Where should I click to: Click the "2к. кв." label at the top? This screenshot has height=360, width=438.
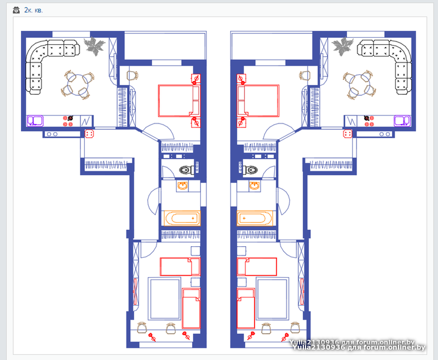pos(33,10)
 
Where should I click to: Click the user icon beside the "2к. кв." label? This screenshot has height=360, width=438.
pos(16,10)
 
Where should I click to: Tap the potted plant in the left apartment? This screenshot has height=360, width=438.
pos(94,46)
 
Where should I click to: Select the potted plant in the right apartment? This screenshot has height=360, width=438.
pos(342,47)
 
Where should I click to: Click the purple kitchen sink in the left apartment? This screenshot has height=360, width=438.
pos(35,121)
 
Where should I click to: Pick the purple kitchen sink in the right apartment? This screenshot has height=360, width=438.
pos(402,121)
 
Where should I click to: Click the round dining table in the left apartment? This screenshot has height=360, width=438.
pos(78,85)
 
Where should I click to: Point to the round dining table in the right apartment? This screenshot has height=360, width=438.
pos(359,85)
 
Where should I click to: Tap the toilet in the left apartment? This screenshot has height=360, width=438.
pos(187,170)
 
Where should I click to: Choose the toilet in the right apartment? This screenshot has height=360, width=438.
pos(250,170)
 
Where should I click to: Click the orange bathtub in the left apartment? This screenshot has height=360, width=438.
pos(182,218)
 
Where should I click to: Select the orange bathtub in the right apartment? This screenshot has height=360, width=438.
pos(255,218)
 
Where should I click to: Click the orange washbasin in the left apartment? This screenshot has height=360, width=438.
pos(182,185)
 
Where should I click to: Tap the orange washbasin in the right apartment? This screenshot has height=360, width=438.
pos(255,185)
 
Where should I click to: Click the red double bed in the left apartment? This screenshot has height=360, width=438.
pos(179,101)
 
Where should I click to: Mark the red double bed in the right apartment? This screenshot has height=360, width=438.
pos(258,101)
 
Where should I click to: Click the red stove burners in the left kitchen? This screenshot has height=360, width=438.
pos(68,121)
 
